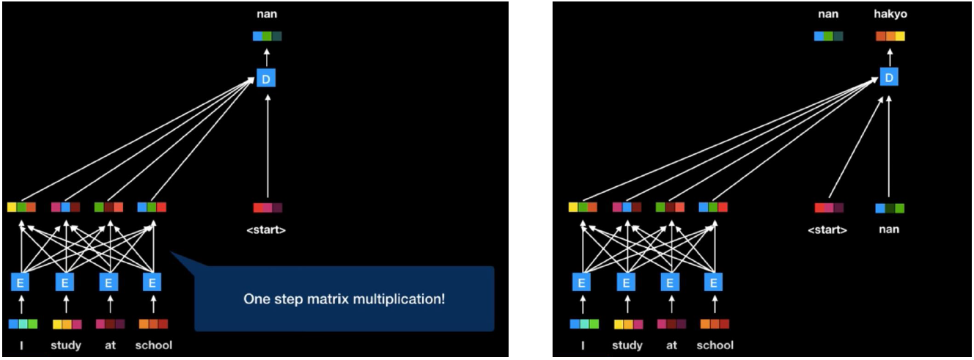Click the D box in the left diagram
click(x=266, y=77)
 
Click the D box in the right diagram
click(x=890, y=77)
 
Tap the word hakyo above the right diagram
click(x=890, y=14)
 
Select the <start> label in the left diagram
click(x=267, y=230)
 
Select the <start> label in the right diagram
click(x=827, y=230)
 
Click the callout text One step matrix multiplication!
click(x=344, y=300)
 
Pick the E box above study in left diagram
click(x=65, y=282)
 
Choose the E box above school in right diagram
click(x=714, y=282)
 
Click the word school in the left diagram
click(x=153, y=345)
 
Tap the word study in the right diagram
click(x=627, y=345)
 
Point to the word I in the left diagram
click(x=22, y=345)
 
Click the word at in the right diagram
click(x=671, y=345)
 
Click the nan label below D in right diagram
click(x=890, y=229)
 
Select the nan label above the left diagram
click(x=267, y=14)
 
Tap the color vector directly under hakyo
click(x=890, y=36)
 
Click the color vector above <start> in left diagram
click(x=268, y=208)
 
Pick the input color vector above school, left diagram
click(x=153, y=323)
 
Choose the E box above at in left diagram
click(x=108, y=282)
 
